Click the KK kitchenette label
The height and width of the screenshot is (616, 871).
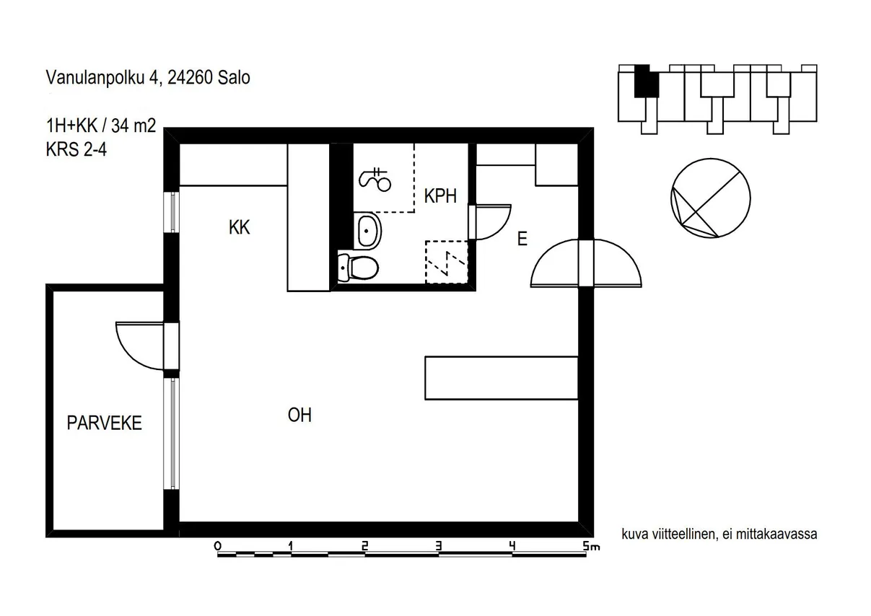click(239, 227)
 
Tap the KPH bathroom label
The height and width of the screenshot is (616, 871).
click(440, 196)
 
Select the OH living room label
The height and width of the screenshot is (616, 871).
click(299, 415)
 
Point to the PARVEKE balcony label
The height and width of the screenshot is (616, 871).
click(104, 423)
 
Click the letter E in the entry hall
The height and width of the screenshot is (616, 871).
click(522, 239)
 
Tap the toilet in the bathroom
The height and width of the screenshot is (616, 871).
click(358, 268)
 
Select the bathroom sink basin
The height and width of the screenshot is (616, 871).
click(367, 231)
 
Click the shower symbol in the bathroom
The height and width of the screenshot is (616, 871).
click(375, 180)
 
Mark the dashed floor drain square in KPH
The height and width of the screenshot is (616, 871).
click(447, 262)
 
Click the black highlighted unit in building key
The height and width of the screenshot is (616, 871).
click(647, 81)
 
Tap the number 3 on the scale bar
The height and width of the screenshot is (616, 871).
click(438, 546)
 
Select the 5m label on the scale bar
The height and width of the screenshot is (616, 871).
click(591, 546)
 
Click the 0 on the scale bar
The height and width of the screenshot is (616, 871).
click(217, 546)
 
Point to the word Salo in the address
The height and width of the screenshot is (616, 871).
click(234, 78)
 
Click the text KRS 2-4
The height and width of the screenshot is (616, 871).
click(76, 149)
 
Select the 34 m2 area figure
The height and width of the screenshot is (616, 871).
click(134, 126)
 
